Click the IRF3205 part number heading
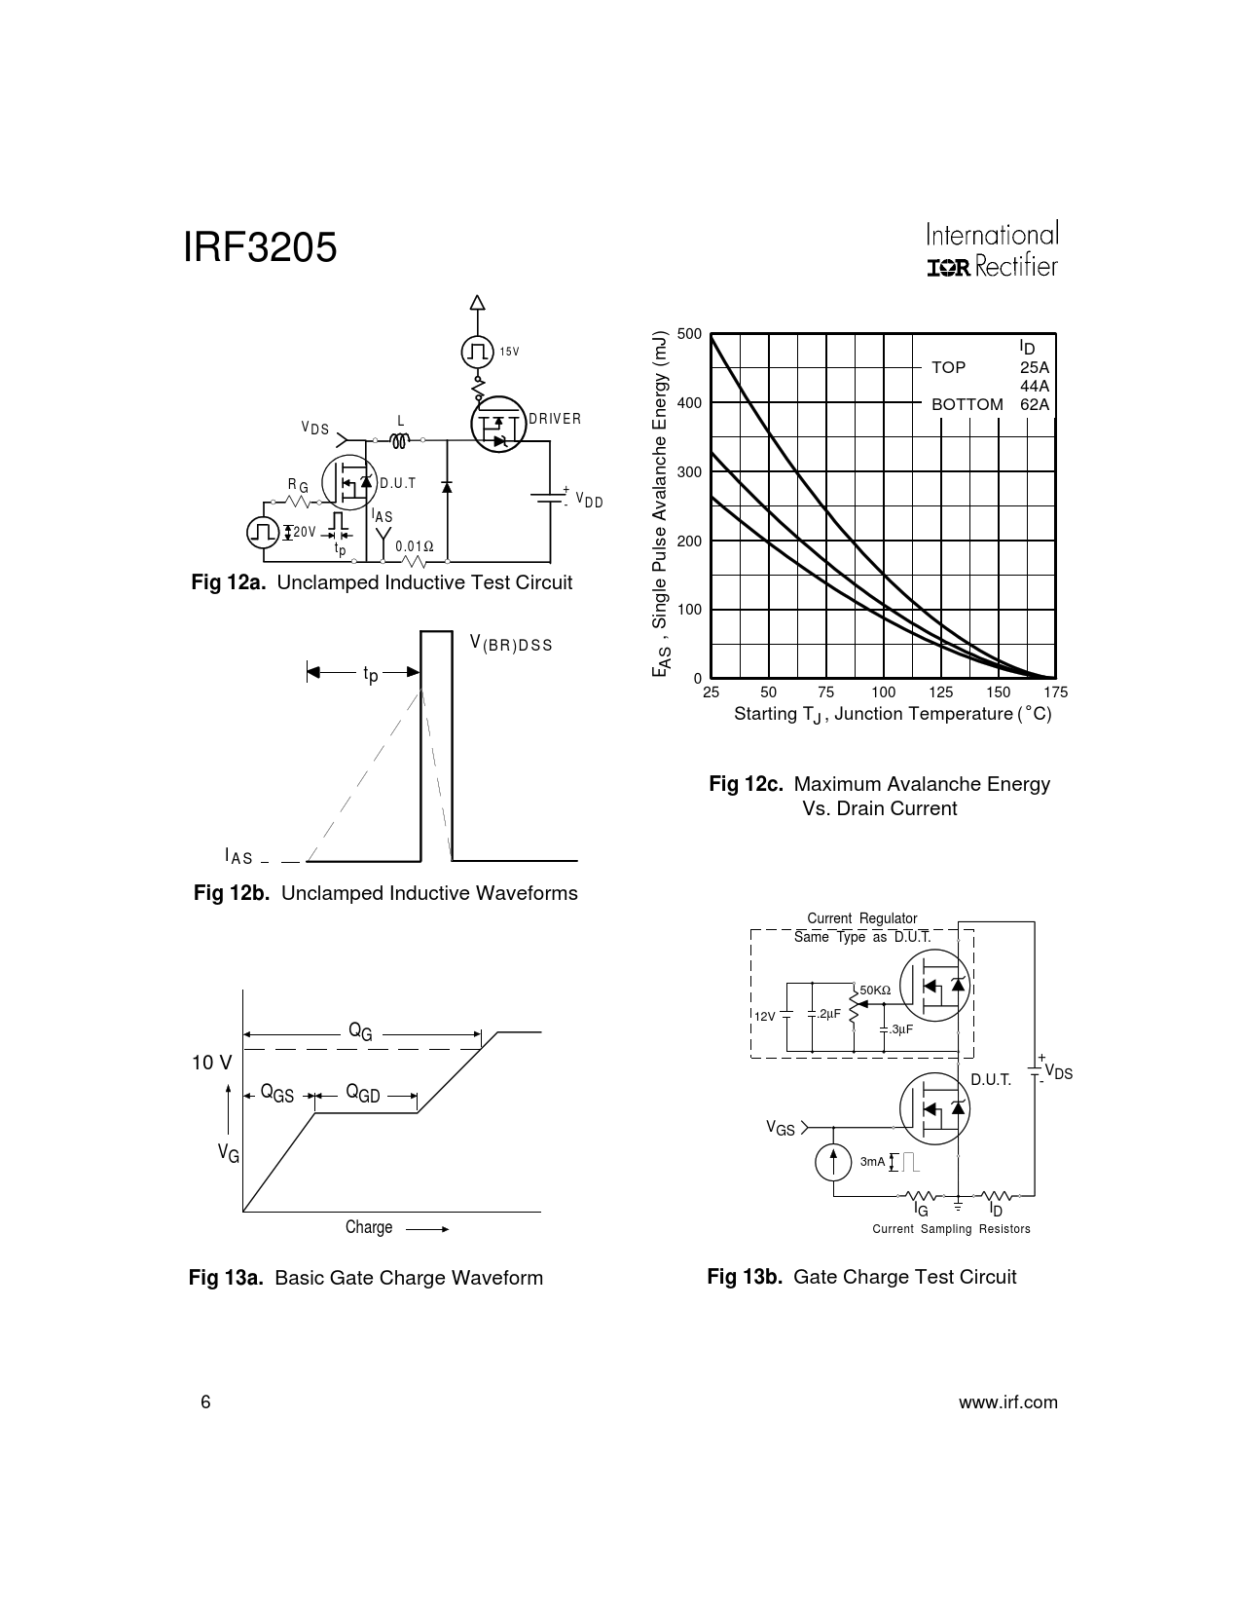click(260, 247)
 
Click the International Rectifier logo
click(993, 249)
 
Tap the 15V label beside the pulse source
click(509, 352)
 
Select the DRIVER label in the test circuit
click(555, 419)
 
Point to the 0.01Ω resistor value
click(415, 546)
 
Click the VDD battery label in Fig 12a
click(589, 501)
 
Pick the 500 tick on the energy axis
click(690, 333)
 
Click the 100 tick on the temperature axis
click(883, 692)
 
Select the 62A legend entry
click(1035, 404)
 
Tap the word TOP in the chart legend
click(948, 367)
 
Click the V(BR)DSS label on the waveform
click(511, 644)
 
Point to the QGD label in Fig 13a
click(363, 1094)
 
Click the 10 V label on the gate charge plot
click(212, 1063)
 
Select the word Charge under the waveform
click(369, 1227)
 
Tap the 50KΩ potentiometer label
click(875, 990)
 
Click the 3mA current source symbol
click(833, 1162)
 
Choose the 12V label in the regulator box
click(764, 1017)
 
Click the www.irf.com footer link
click(1008, 1402)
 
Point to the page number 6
click(205, 1402)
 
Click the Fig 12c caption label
click(746, 784)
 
